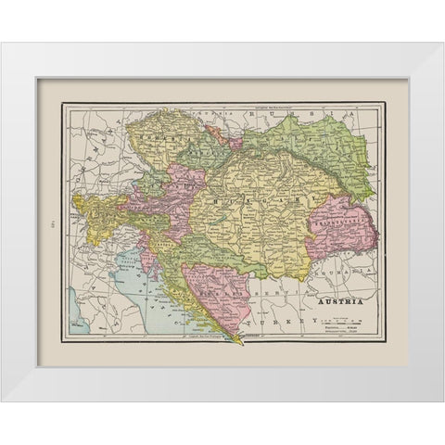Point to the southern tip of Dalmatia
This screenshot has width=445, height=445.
point(243,340)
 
